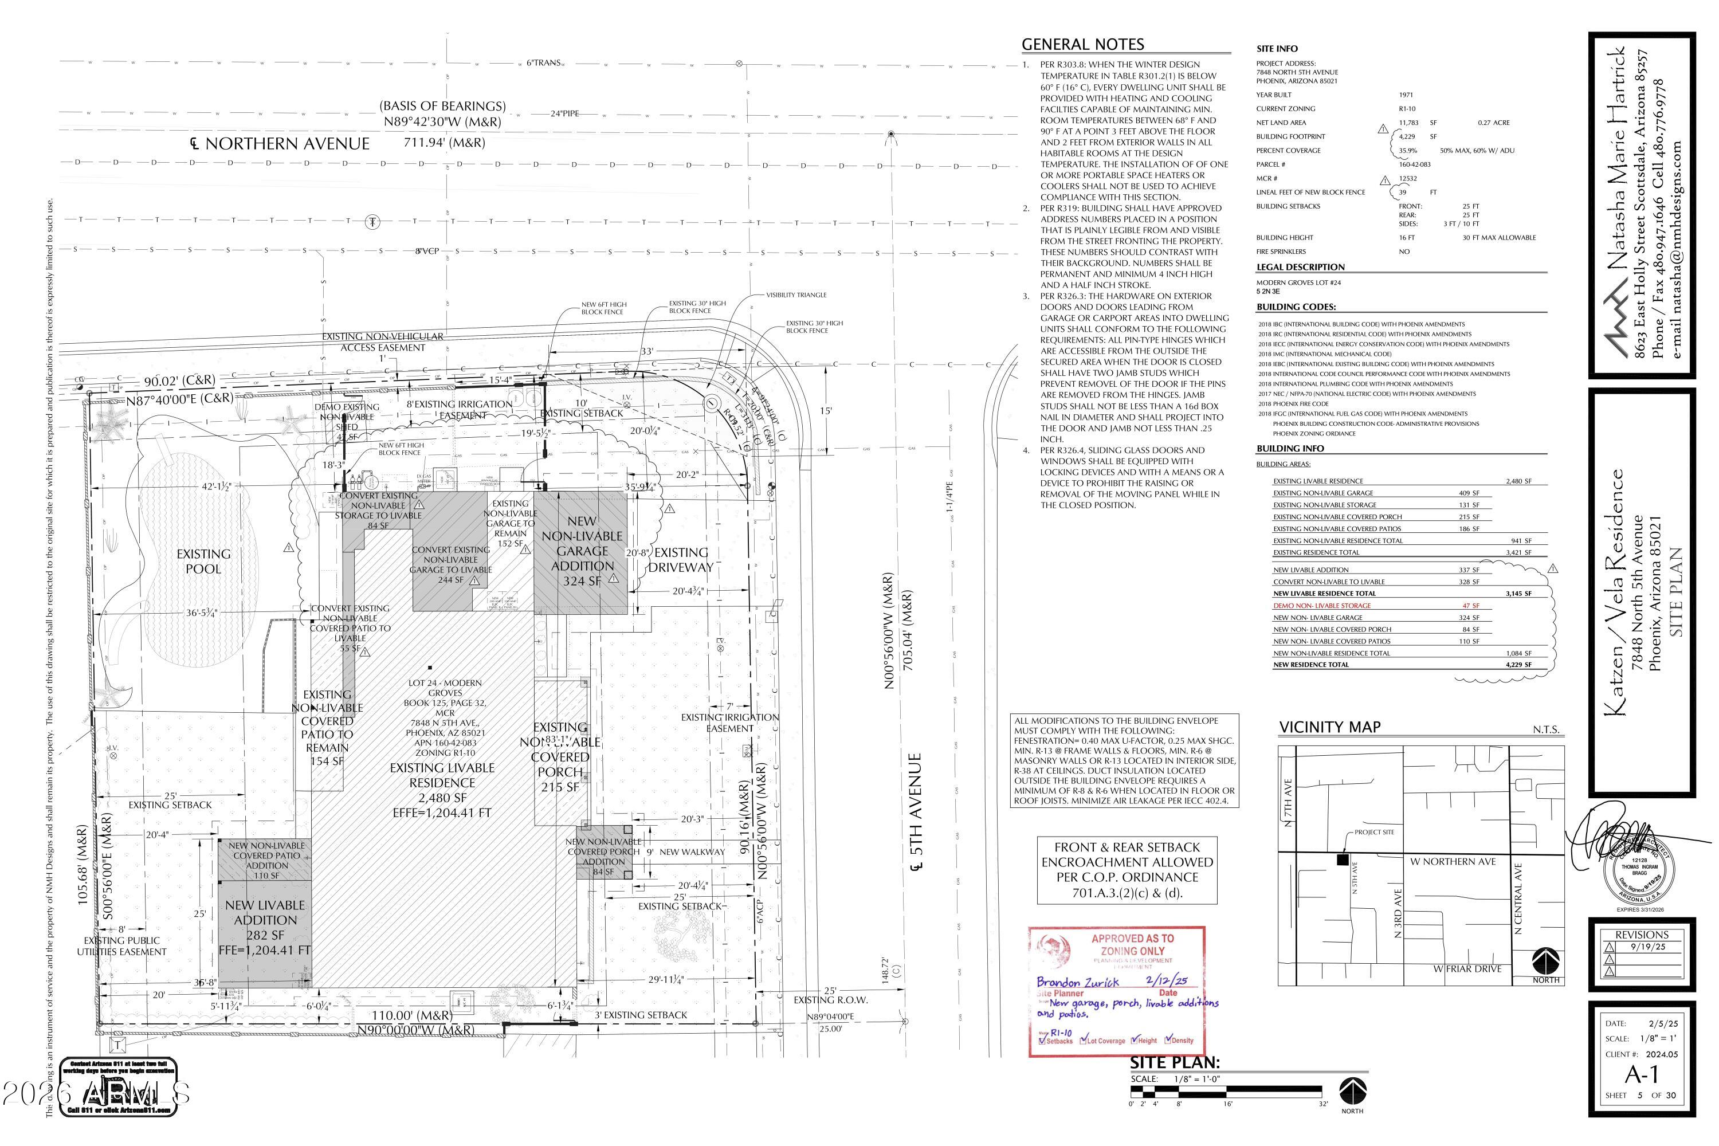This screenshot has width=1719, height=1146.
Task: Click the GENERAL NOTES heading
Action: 1082,45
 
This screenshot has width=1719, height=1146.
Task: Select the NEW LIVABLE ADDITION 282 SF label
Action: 265,927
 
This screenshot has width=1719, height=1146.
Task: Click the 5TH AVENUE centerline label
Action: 915,811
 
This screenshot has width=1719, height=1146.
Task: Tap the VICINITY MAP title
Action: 1329,727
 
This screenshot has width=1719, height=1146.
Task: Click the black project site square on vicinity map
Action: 1343,859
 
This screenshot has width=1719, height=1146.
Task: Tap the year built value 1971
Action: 1406,95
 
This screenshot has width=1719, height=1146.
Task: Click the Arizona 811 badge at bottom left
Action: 119,1087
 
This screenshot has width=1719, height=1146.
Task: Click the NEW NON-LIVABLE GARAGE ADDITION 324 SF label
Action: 582,551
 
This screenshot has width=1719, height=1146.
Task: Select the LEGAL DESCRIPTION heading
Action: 1300,267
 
